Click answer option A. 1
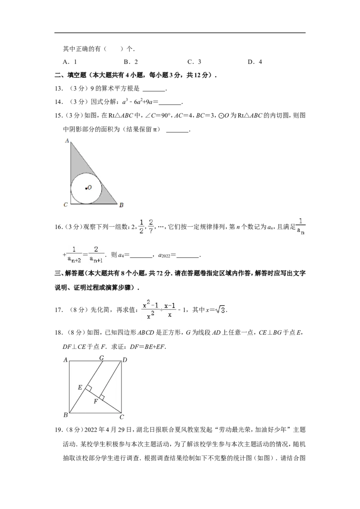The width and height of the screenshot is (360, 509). [70, 62]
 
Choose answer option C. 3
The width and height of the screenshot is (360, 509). [194, 62]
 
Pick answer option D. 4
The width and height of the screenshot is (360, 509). [255, 62]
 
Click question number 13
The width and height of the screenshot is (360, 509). [58, 89]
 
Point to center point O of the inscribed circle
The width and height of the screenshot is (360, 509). [86, 188]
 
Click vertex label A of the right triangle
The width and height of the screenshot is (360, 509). [67, 141]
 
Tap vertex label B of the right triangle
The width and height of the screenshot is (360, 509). [121, 205]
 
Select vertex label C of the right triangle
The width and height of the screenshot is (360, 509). [66, 205]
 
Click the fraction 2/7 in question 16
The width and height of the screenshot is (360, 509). [151, 227]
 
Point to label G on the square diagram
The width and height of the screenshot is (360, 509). [101, 358]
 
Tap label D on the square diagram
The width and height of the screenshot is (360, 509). [125, 360]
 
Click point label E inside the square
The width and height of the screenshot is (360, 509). [80, 387]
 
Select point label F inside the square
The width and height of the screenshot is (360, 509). [95, 402]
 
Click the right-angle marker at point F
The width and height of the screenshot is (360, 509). [102, 397]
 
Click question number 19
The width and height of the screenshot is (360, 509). [58, 430]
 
